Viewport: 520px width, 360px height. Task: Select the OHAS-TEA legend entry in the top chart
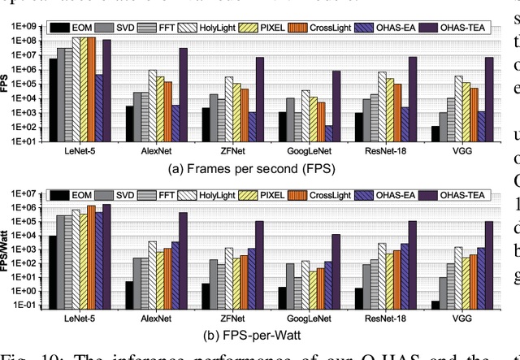[x=452, y=28]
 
